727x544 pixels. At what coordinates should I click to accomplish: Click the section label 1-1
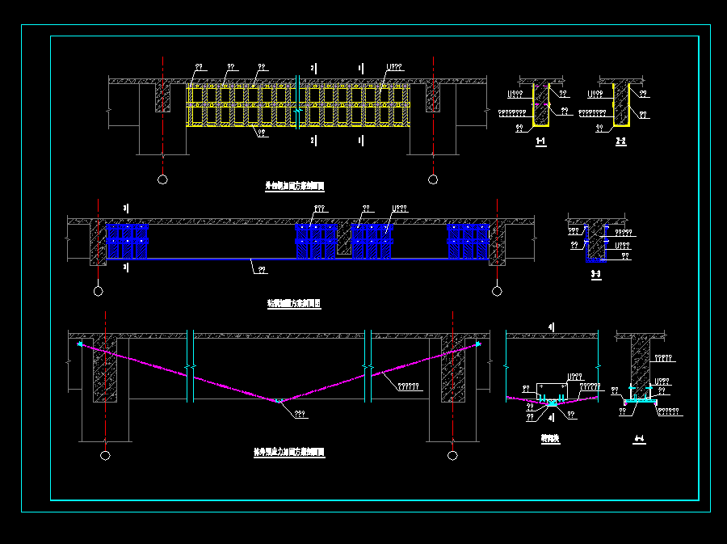point(540,142)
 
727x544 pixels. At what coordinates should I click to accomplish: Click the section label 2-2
point(620,142)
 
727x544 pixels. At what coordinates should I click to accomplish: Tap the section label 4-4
point(639,439)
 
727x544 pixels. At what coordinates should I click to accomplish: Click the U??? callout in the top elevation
point(393,67)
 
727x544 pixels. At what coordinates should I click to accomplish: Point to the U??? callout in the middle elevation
point(399,209)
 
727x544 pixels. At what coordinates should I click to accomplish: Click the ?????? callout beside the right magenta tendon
point(409,386)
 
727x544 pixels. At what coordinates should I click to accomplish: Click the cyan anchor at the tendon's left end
point(79,345)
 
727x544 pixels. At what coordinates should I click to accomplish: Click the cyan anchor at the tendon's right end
point(477,345)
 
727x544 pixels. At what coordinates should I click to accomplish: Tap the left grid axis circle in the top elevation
point(162,179)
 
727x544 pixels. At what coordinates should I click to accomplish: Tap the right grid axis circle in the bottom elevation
point(452,456)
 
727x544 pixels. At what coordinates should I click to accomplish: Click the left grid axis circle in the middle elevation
point(98,290)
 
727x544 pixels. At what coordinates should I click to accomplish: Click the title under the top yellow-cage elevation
point(295,186)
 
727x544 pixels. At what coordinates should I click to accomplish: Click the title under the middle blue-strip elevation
point(294,304)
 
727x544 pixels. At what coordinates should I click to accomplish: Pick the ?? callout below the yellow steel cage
point(263,133)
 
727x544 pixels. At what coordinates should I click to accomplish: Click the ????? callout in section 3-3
point(622,233)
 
